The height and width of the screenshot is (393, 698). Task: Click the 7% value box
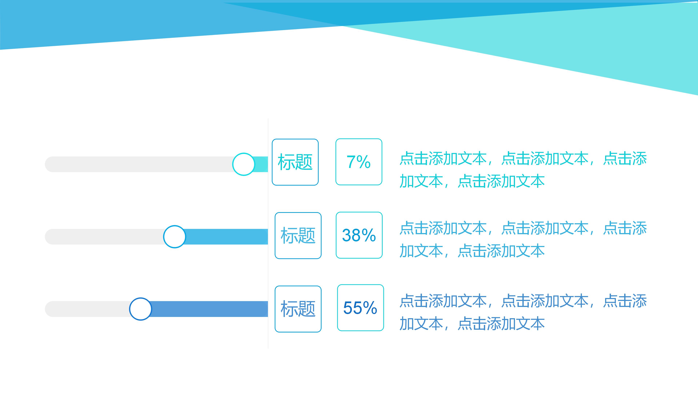[x=359, y=162]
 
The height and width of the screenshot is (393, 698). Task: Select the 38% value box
[x=359, y=235]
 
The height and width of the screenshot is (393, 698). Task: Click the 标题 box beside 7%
[x=295, y=162]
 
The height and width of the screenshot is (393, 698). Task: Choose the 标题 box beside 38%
[x=298, y=235]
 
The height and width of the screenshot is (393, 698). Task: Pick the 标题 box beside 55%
[x=298, y=309]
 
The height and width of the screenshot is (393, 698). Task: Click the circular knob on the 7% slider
[x=244, y=164]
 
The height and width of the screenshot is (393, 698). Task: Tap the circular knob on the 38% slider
[x=174, y=237]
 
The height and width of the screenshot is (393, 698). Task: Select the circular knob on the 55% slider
[x=140, y=309]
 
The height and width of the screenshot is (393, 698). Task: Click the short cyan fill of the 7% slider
[x=261, y=164]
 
